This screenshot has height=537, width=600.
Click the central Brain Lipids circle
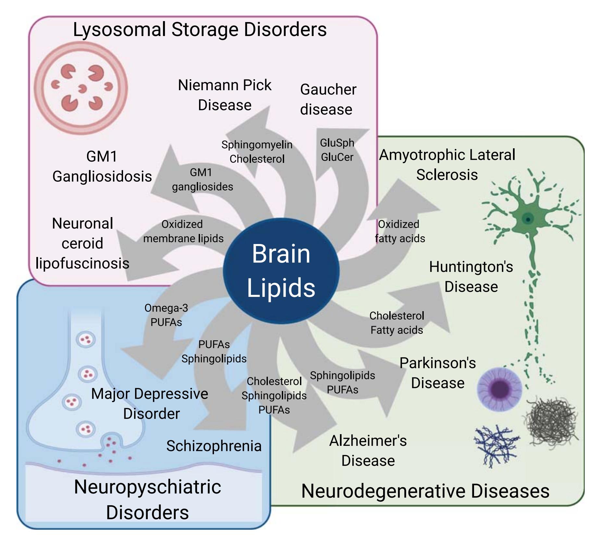(281, 271)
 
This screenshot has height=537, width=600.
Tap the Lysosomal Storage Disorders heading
(200, 30)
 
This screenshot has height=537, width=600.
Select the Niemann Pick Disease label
(225, 95)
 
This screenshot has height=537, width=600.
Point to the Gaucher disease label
(328, 99)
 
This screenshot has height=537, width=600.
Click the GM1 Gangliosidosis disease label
(102, 166)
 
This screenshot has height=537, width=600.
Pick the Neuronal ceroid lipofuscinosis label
(82, 243)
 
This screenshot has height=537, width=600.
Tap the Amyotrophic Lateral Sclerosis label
(447, 165)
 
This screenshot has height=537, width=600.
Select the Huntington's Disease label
(471, 277)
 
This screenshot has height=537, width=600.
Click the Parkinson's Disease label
(438, 373)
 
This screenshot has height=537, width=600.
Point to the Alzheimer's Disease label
(368, 451)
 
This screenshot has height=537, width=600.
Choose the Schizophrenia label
(214, 446)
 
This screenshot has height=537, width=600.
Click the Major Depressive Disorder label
(150, 404)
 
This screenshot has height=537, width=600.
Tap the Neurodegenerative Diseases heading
(425, 491)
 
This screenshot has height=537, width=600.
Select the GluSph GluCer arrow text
(337, 150)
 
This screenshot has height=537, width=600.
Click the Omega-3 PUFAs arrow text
(166, 315)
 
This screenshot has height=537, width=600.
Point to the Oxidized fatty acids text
(400, 231)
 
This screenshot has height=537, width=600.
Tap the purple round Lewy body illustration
(499, 389)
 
